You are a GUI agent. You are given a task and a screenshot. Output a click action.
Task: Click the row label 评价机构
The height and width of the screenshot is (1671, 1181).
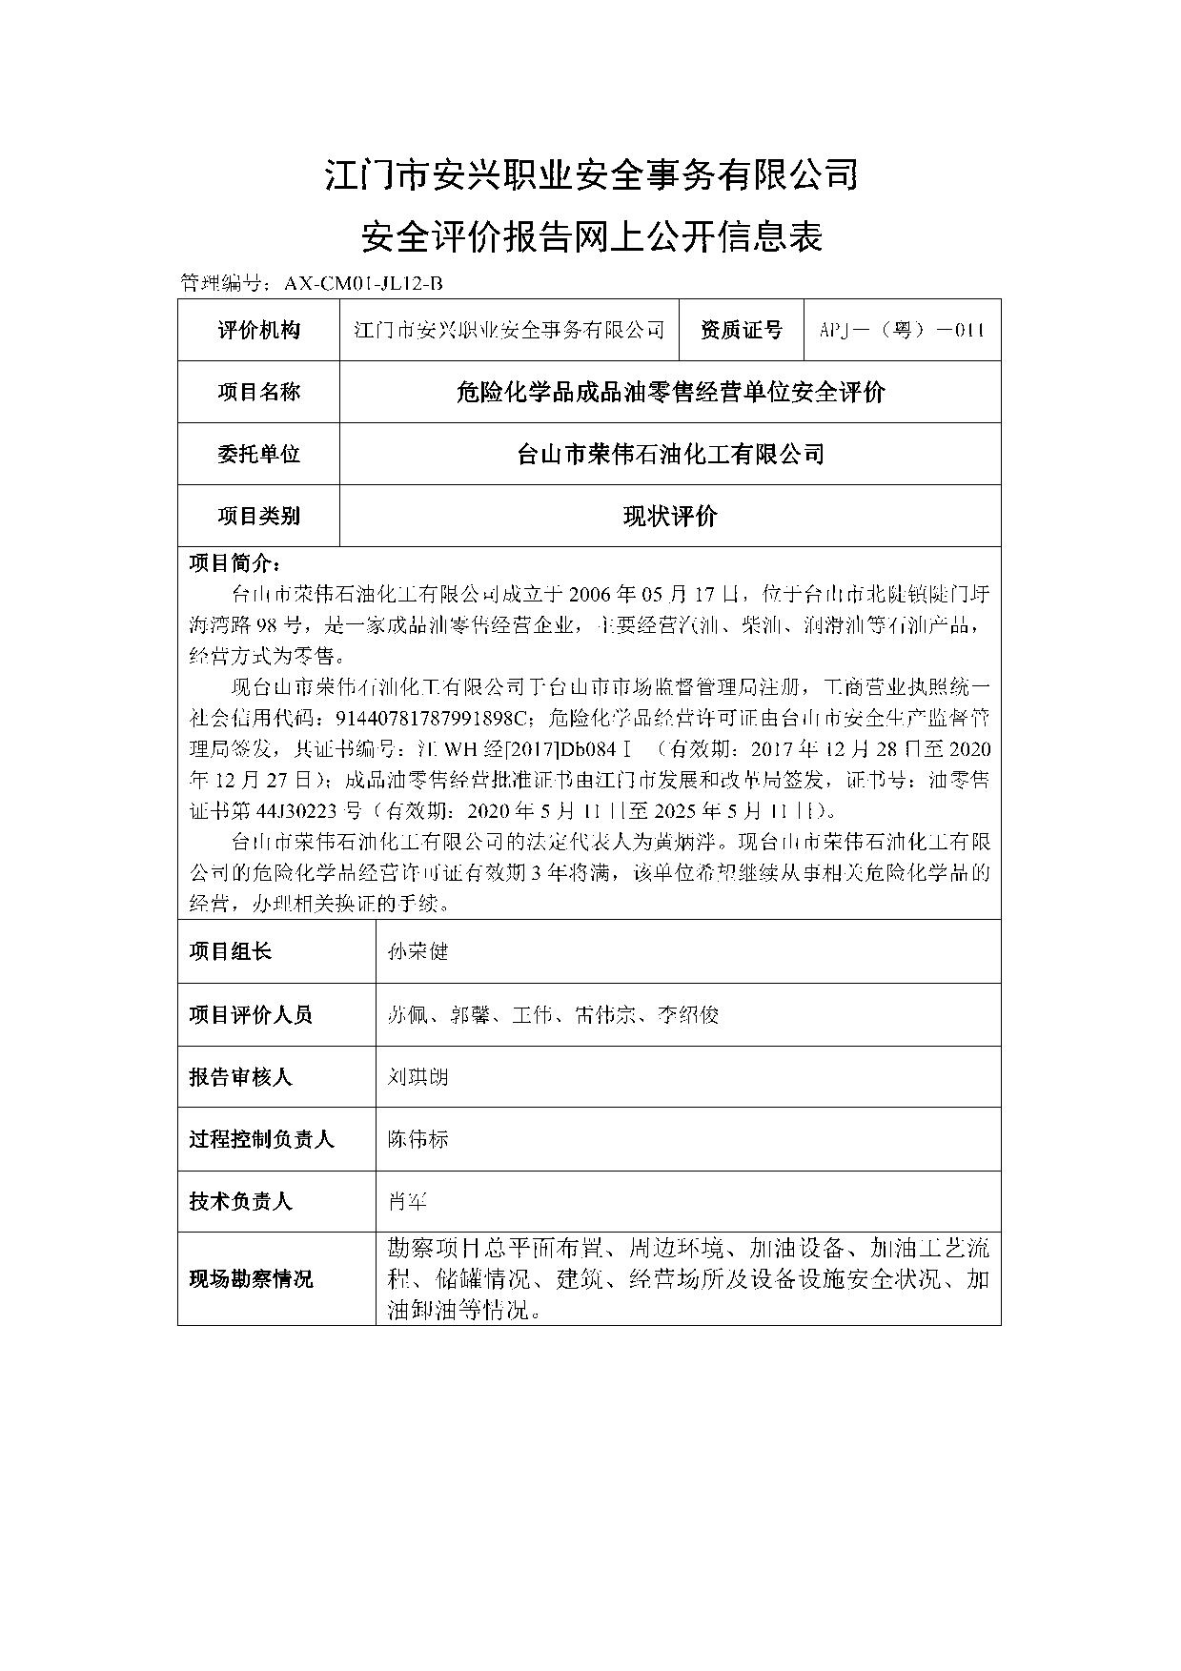click(x=258, y=331)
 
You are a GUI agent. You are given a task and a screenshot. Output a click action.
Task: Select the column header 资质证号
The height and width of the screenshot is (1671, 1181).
click(x=741, y=331)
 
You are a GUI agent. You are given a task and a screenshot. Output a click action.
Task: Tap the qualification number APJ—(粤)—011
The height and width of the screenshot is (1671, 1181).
click(x=901, y=331)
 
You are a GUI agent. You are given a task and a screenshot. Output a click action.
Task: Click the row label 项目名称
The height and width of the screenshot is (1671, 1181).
click(x=258, y=392)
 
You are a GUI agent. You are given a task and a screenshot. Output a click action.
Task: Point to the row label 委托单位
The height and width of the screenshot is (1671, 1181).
click(x=258, y=454)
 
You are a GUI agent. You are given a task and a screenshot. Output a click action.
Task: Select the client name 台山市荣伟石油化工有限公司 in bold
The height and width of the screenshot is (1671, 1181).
click(x=670, y=454)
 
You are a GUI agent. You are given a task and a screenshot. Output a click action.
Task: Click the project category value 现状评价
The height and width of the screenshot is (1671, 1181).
click(x=670, y=517)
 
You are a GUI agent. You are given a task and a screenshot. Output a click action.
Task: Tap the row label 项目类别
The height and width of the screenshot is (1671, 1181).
click(x=258, y=517)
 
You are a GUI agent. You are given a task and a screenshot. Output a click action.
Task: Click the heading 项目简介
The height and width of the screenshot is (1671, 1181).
click(x=234, y=562)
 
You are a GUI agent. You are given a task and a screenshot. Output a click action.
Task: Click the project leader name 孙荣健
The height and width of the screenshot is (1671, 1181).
click(x=417, y=951)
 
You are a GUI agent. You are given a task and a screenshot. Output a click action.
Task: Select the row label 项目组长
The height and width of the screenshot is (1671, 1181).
click(x=230, y=951)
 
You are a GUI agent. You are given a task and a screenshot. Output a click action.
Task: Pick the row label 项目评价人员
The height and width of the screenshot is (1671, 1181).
click(x=250, y=1014)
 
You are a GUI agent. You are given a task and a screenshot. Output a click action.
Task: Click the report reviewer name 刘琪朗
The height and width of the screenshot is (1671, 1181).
click(x=417, y=1077)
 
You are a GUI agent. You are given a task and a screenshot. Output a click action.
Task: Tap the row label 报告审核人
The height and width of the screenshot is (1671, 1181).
click(x=240, y=1077)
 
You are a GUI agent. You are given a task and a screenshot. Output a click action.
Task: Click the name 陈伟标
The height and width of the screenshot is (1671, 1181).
click(x=417, y=1139)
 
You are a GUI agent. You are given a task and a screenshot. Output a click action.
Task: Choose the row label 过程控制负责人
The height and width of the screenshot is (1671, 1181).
click(x=260, y=1139)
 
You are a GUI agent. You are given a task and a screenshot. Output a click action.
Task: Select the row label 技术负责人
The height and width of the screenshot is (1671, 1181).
click(x=240, y=1201)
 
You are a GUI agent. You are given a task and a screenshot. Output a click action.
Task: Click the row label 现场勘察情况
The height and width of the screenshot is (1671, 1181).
click(x=250, y=1279)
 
